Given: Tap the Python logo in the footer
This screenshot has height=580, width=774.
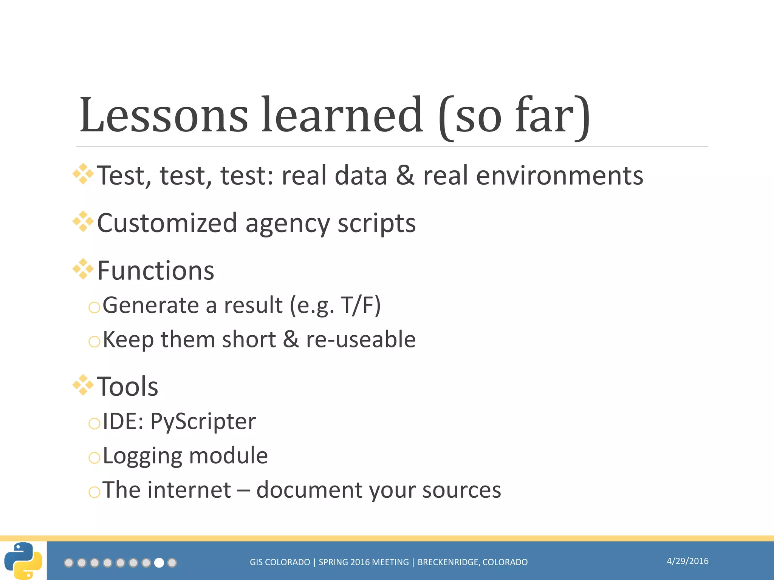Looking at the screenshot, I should click(23, 561).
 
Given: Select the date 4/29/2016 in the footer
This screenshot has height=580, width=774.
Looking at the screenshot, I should click(687, 561).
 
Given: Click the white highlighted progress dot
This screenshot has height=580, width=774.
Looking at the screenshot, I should click(159, 563).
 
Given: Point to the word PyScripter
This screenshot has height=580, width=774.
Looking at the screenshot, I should click(203, 421).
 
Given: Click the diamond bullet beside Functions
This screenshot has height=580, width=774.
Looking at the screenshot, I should click(83, 269).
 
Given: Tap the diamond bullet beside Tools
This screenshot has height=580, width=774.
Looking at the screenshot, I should click(83, 385).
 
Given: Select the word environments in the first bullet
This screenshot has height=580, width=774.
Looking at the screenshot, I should click(559, 176).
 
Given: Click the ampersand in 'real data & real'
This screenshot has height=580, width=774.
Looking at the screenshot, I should click(405, 176).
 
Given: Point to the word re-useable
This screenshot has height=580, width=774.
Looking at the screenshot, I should click(361, 339).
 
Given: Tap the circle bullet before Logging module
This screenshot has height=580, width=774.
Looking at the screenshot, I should click(94, 458).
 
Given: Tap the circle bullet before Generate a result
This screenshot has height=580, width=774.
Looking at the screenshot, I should click(94, 307).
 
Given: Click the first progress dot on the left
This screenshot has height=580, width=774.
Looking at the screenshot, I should click(69, 563).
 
